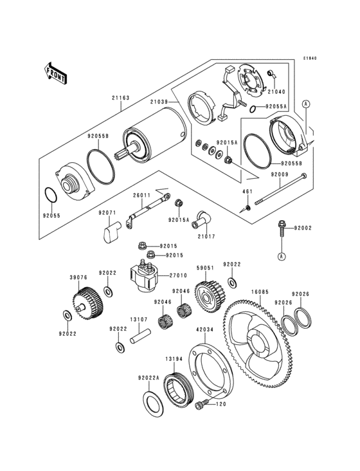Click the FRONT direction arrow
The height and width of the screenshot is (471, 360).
(x=55, y=73)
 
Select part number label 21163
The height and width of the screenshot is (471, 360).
(x=121, y=98)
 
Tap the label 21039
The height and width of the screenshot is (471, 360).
(x=160, y=102)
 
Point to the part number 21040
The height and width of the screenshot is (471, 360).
(x=276, y=91)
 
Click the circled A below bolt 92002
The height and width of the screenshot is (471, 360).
(x=282, y=256)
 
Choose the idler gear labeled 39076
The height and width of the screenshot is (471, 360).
(x=88, y=303)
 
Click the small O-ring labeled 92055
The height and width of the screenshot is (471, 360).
(x=51, y=195)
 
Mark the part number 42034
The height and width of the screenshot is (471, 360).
(x=205, y=330)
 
